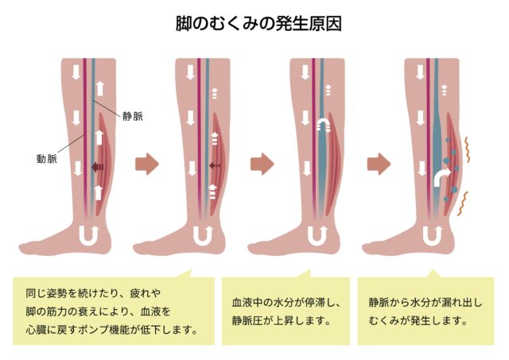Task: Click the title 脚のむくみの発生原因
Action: click(258, 24)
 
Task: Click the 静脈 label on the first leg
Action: click(133, 117)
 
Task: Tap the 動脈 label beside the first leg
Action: click(47, 159)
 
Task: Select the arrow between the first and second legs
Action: click(147, 165)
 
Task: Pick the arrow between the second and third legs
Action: click(262, 165)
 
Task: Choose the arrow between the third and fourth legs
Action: click(379, 165)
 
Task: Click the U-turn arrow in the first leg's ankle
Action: click(89, 236)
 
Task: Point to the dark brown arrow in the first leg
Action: click(97, 167)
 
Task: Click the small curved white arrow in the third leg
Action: click(324, 125)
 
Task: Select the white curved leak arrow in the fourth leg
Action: click(442, 178)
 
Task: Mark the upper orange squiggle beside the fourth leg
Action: click(467, 149)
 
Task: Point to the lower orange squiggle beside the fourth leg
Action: click(462, 203)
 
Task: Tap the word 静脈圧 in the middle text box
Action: click(247, 321)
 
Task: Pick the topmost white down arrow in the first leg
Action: click(76, 72)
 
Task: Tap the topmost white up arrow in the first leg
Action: click(100, 88)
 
